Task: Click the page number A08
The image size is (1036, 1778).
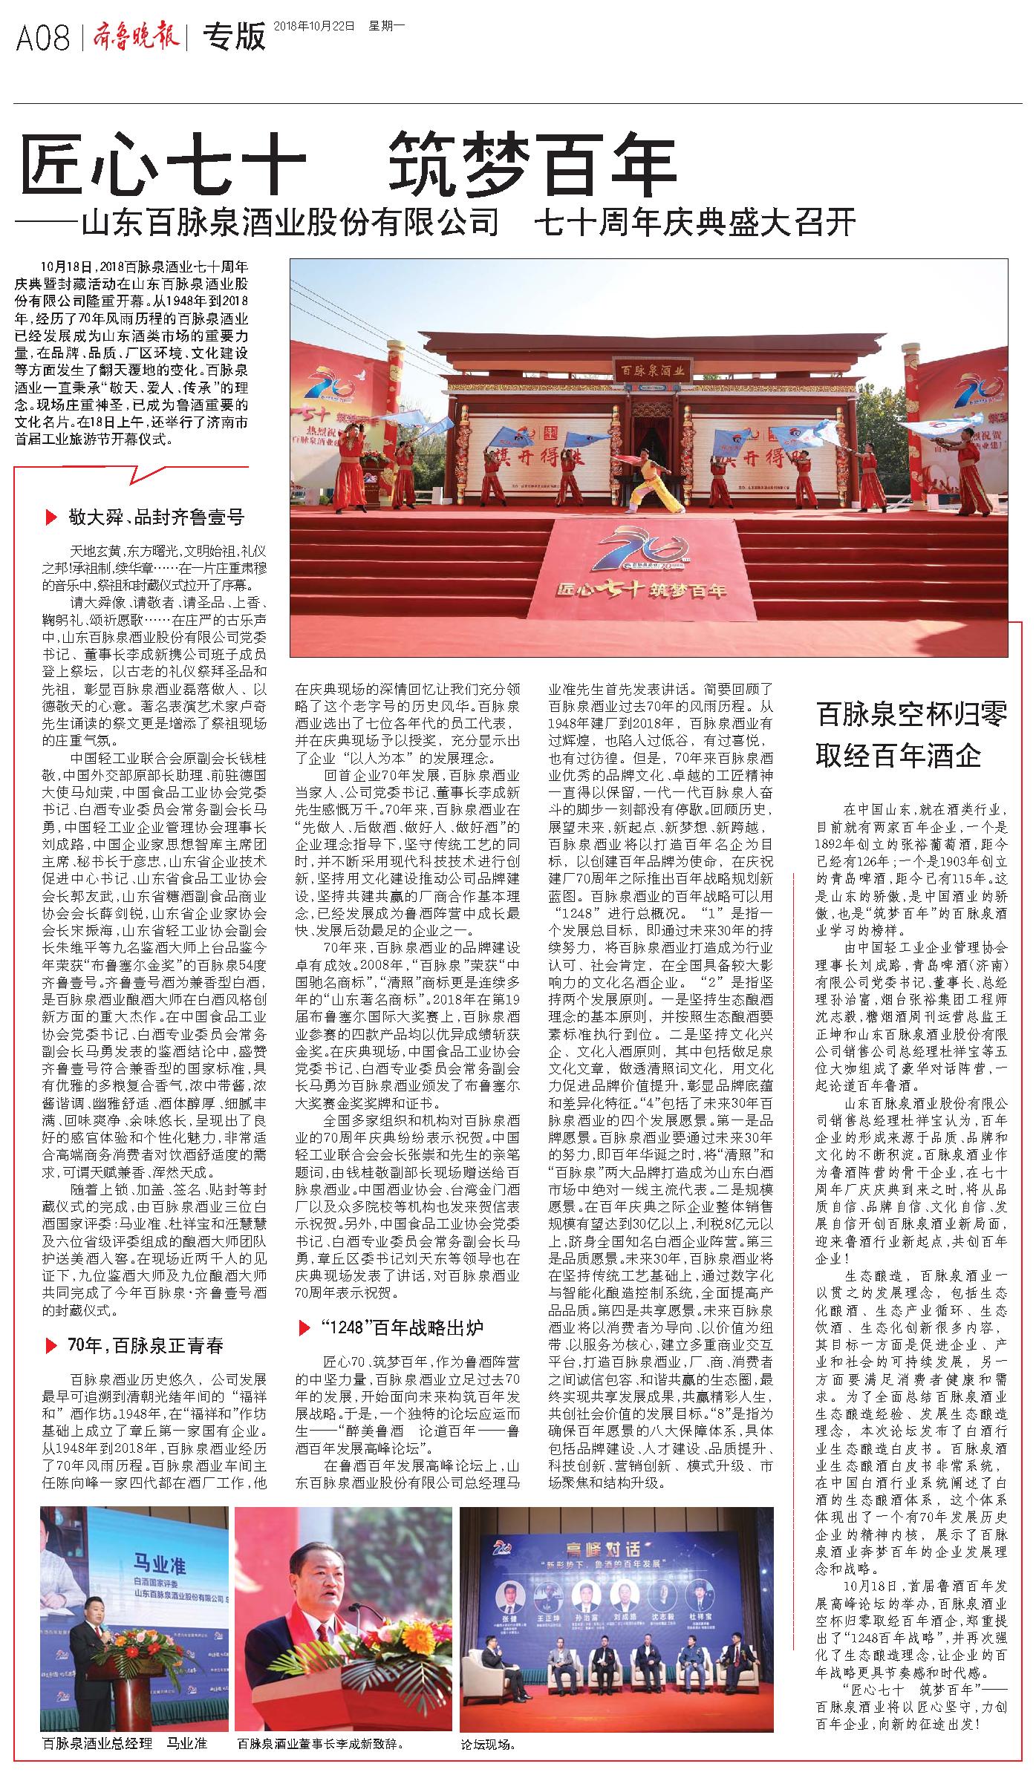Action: (42, 36)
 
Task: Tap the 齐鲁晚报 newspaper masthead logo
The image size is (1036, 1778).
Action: (136, 36)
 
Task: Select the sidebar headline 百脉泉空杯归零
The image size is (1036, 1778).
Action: (911, 715)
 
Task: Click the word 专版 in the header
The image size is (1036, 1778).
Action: (235, 36)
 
